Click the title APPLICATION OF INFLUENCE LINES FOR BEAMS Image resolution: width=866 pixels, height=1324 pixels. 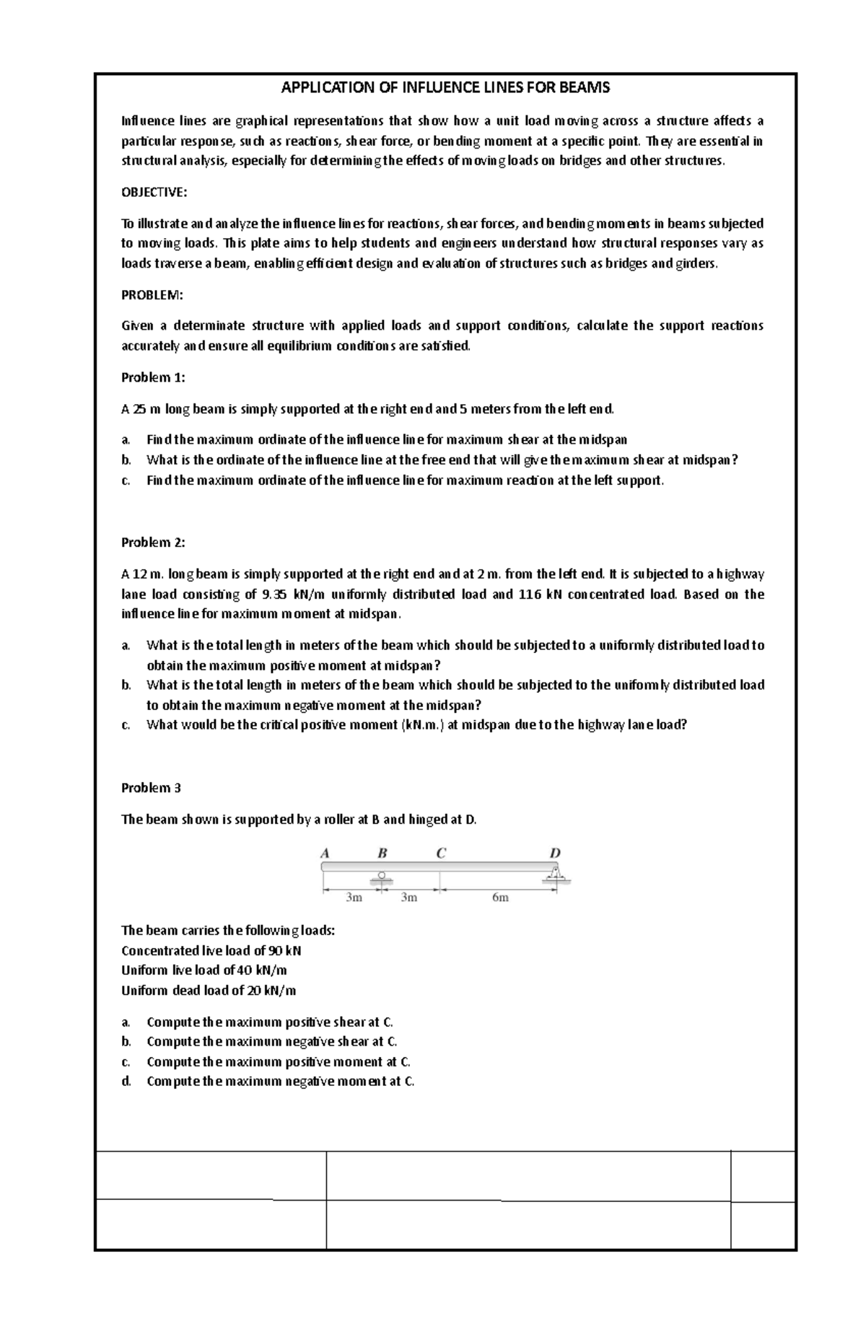(x=445, y=88)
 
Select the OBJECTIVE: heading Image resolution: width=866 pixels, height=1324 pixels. (x=154, y=192)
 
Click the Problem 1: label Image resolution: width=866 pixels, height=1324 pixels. (x=153, y=377)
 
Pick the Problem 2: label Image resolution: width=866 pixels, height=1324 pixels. (x=153, y=543)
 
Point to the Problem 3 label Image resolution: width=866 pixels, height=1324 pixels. (x=151, y=788)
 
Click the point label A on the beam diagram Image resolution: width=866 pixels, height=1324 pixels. (x=325, y=853)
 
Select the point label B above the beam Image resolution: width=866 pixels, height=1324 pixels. (x=382, y=853)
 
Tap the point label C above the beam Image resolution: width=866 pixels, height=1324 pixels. (x=441, y=853)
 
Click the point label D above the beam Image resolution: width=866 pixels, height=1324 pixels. (x=555, y=853)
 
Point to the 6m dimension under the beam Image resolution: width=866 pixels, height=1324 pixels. (x=500, y=898)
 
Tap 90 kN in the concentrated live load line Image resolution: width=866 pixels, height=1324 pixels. (x=285, y=950)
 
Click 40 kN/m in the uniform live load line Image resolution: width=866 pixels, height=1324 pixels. (x=261, y=970)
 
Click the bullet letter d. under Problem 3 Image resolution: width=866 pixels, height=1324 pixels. (x=126, y=1082)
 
